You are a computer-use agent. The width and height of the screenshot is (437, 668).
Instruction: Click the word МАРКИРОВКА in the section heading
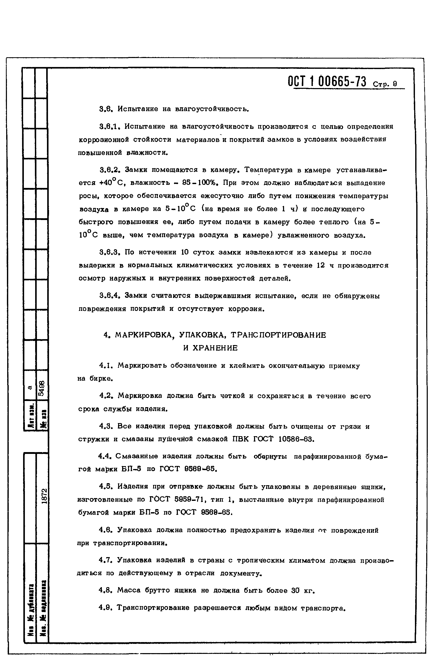click(x=143, y=335)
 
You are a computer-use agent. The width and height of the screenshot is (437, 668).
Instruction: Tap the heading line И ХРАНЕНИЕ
click(x=210, y=348)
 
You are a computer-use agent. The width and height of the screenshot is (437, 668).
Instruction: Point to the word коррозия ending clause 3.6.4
click(x=246, y=309)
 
